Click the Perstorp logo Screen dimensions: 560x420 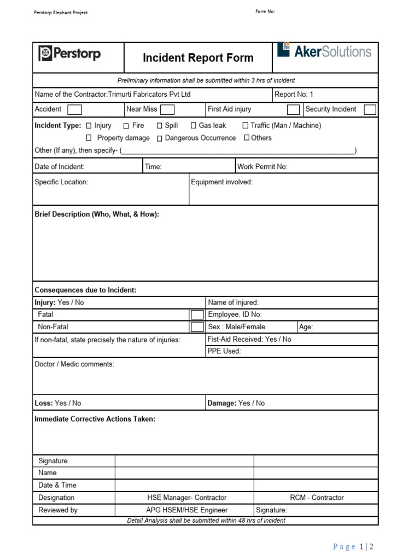pos(69,54)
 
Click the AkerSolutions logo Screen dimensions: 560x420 pos(324,51)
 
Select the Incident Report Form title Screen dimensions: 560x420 pos(198,58)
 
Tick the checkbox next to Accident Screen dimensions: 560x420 pos(74,109)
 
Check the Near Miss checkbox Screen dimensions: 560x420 pos(167,109)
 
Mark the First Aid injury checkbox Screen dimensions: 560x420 pos(293,109)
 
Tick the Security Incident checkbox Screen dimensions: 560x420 pos(370,109)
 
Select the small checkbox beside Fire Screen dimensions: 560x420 pos(126,126)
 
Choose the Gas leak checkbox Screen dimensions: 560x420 pos(194,126)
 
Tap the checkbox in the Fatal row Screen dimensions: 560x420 pos(196,314)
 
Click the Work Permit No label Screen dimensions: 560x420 pos(262,167)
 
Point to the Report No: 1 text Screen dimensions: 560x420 pos(294,95)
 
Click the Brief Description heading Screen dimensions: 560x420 pos(97,214)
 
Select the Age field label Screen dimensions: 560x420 pos(306,327)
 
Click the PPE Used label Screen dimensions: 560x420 pos(224,351)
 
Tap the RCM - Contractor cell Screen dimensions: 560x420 pos(317,498)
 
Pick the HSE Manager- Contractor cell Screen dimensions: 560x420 pos(186,498)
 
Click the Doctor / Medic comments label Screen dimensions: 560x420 pos(74,364)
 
